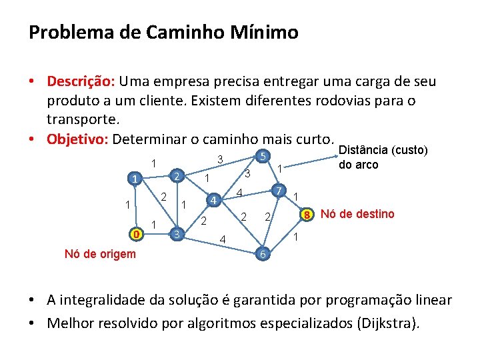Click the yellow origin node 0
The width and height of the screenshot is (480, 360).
pyautogui.click(x=135, y=235)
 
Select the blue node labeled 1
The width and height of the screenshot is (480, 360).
pyautogui.click(x=135, y=179)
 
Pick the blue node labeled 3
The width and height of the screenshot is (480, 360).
pyautogui.click(x=176, y=234)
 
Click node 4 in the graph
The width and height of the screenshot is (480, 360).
pyautogui.click(x=213, y=200)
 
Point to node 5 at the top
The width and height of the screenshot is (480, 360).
pyautogui.click(x=263, y=157)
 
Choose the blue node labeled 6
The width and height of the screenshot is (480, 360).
pyautogui.click(x=263, y=254)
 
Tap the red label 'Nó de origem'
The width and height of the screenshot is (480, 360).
pyautogui.click(x=100, y=254)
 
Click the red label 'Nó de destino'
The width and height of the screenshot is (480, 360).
pyautogui.click(x=357, y=214)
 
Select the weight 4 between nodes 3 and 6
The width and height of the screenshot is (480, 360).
pyautogui.click(x=223, y=239)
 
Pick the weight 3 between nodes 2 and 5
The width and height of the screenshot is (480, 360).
pyautogui.click(x=219, y=159)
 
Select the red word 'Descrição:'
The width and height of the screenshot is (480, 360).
pyautogui.click(x=81, y=81)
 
